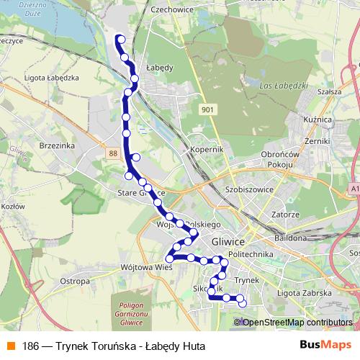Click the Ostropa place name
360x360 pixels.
coord(74,281)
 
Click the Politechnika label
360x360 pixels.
coord(248,255)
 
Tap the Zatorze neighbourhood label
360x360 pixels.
coord(285,214)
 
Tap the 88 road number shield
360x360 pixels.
coord(112,153)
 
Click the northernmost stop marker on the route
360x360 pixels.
coord(120,40)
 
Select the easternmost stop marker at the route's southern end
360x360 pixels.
coord(242,303)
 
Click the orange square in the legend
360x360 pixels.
coord(12,346)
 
